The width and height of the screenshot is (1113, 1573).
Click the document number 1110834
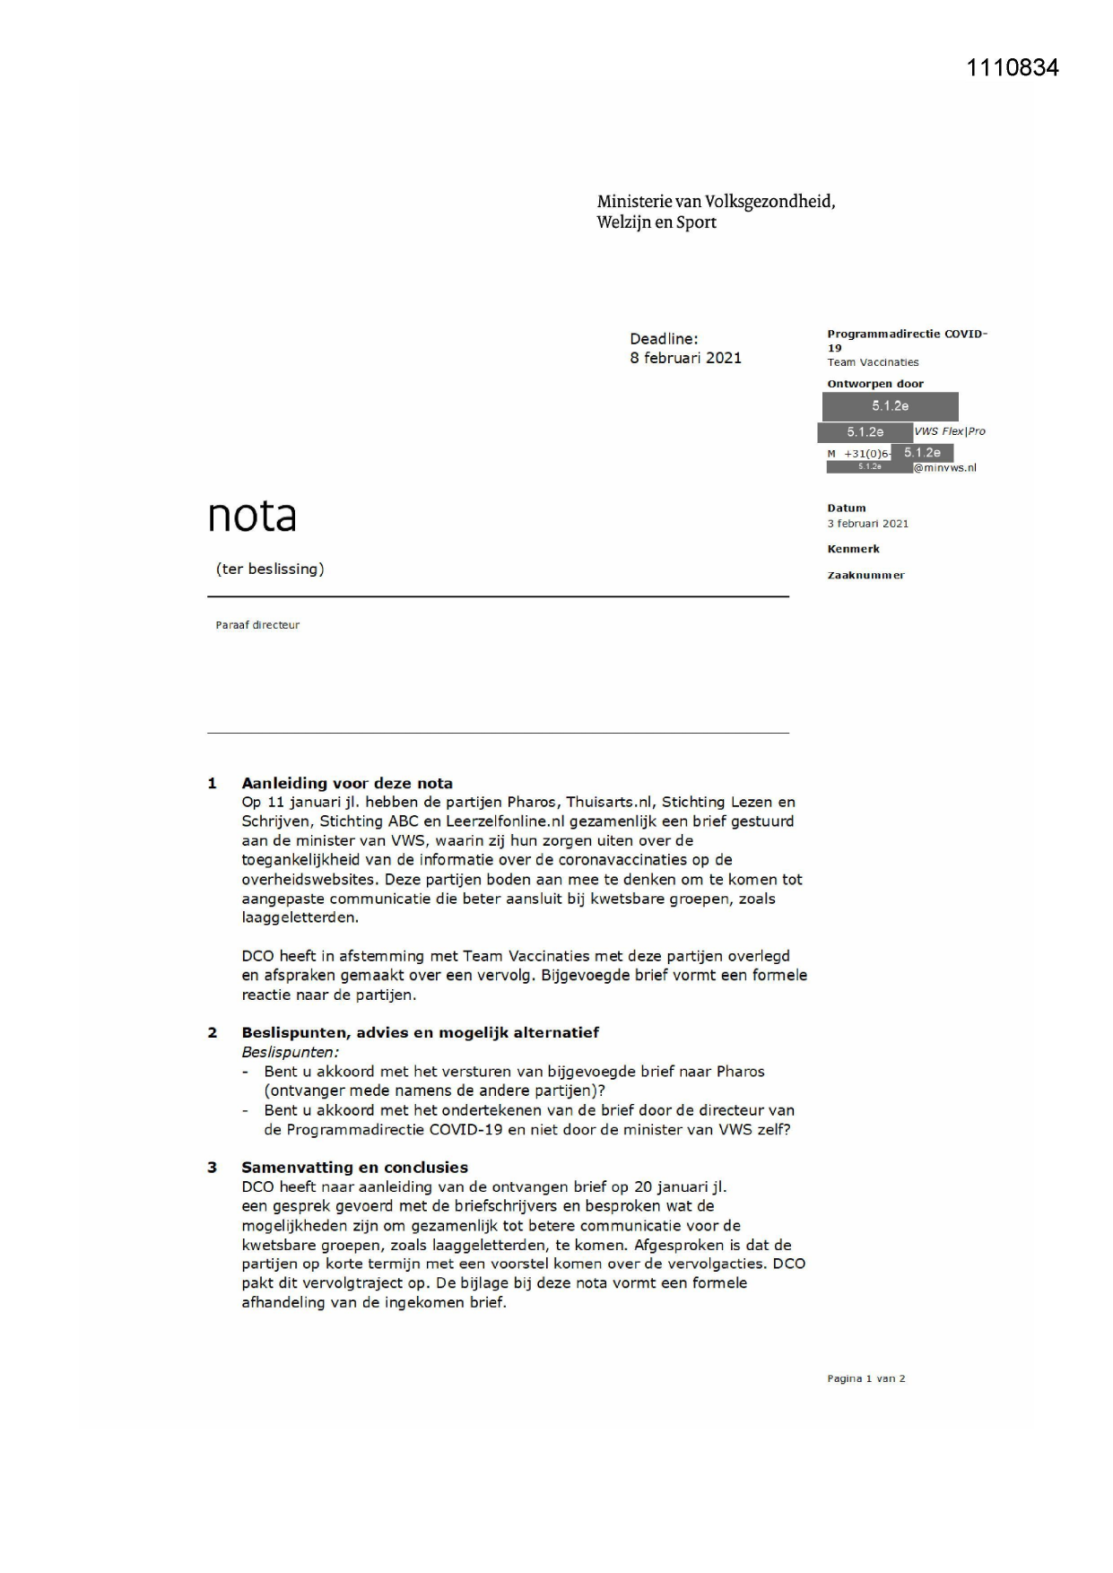coord(1012,68)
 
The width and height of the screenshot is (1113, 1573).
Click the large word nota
coord(252,516)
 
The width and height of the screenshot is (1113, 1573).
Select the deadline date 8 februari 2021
coord(685,358)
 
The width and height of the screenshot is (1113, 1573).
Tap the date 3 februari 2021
coord(867,524)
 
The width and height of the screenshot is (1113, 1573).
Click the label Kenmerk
coord(853,549)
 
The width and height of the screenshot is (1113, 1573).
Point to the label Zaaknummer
coord(865,575)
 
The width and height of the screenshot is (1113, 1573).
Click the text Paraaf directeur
coord(257,625)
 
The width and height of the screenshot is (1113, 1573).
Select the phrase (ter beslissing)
coord(270,569)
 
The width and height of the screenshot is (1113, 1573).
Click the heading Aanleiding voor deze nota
coord(347,783)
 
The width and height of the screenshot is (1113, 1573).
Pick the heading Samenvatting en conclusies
coord(354,1167)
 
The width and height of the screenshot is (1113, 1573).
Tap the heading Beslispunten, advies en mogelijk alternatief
coord(420,1032)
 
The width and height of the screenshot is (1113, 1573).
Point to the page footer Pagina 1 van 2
coord(865,1378)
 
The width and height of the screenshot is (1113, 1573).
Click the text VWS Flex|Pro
coord(950,431)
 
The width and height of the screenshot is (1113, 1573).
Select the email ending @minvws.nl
coord(944,467)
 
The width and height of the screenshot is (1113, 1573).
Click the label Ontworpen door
coord(874,384)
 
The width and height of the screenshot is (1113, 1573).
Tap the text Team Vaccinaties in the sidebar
coord(873,362)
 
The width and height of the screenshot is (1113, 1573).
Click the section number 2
coord(213,1032)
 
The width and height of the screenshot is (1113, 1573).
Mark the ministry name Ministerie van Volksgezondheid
coord(716,202)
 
